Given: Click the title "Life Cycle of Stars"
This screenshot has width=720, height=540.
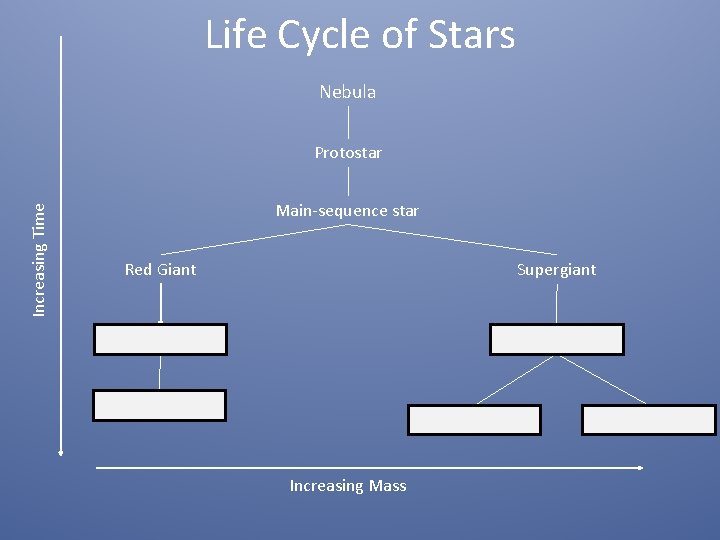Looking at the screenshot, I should pyautogui.click(x=360, y=35).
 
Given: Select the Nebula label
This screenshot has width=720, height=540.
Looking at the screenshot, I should pyautogui.click(x=348, y=92).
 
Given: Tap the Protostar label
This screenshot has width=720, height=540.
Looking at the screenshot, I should pyautogui.click(x=348, y=153).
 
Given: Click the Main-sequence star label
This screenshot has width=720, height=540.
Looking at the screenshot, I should pyautogui.click(x=347, y=211).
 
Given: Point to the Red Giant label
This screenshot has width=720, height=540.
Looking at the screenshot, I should pyautogui.click(x=160, y=270).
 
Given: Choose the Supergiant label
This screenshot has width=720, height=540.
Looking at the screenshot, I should pyautogui.click(x=556, y=270).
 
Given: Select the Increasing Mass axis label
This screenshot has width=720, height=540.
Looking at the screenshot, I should pyautogui.click(x=348, y=486).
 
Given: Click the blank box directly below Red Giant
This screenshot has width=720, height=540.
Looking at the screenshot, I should pyautogui.click(x=160, y=340).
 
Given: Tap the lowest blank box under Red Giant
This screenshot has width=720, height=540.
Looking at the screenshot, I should pyautogui.click(x=159, y=405).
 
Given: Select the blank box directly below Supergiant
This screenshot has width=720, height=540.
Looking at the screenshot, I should pyautogui.click(x=556, y=340).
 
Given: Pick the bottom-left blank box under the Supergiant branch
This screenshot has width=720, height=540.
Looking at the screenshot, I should pyautogui.click(x=474, y=420).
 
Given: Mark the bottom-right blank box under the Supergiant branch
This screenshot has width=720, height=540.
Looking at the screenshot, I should pyautogui.click(x=648, y=420).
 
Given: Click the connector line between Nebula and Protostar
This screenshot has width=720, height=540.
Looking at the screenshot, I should pyautogui.click(x=348, y=122).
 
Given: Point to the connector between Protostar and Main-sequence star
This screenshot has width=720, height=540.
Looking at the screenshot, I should pyautogui.click(x=348, y=181).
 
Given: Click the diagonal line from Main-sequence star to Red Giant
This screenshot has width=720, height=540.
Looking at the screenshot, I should pyautogui.click(x=254, y=239).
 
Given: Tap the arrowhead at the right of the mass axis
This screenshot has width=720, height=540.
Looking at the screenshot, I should pyautogui.click(x=639, y=467).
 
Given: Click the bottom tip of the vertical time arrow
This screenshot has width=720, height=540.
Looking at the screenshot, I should pyautogui.click(x=61, y=453).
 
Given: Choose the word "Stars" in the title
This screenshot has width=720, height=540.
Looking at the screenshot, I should pyautogui.click(x=469, y=35).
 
